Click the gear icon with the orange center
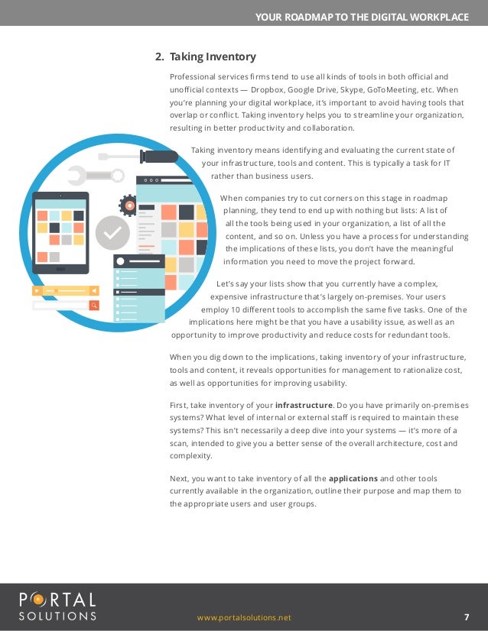point(129,205)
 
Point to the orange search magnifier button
point(94,306)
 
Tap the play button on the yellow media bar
point(36,290)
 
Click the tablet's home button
point(60,267)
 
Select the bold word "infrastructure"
point(304,404)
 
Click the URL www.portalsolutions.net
point(244,617)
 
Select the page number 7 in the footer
point(467,617)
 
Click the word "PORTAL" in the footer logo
point(58,599)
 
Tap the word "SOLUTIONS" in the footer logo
point(58,615)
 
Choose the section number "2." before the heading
point(160,57)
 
